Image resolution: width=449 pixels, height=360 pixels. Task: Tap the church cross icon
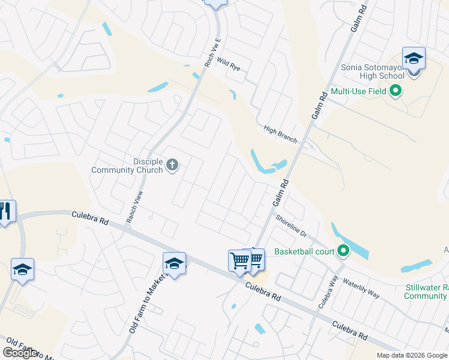tap(172, 164)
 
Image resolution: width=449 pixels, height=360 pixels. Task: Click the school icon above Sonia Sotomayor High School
tap(414, 59)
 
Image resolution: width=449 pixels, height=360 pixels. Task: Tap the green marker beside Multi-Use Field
tap(395, 92)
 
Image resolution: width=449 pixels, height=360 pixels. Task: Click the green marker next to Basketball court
tap(343, 251)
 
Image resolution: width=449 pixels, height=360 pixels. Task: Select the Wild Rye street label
tap(229, 64)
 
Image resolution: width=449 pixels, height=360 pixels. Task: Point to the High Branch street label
tap(280, 134)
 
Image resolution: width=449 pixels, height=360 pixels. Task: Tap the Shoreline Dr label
tap(291, 226)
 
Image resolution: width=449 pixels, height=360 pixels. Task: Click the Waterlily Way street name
tap(362, 292)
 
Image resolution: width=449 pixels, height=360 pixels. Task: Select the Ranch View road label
tap(134, 207)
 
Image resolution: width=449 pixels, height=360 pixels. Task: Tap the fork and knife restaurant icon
tap(5, 211)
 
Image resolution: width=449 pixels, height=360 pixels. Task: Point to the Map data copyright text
tap(412, 355)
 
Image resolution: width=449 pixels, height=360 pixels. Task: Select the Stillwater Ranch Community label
tap(426, 292)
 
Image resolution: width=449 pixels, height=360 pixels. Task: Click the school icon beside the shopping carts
tap(174, 264)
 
